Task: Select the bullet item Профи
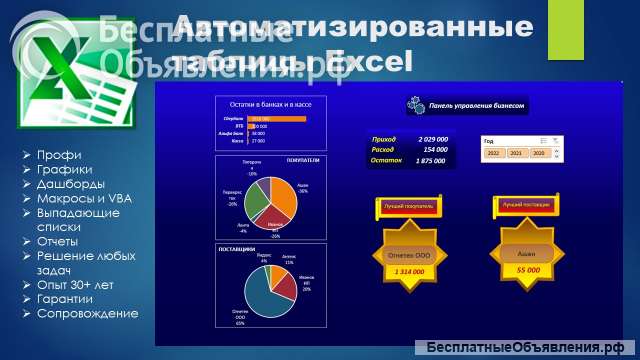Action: point(59,155)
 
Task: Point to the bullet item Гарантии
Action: point(67,299)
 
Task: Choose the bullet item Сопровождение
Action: point(87,314)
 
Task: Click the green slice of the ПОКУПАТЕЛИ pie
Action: point(257,197)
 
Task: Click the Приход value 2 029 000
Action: point(432,140)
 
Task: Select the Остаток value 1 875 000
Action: point(432,160)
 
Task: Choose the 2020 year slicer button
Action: point(538,153)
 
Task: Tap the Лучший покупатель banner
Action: point(404,206)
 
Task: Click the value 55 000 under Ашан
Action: point(527,270)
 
